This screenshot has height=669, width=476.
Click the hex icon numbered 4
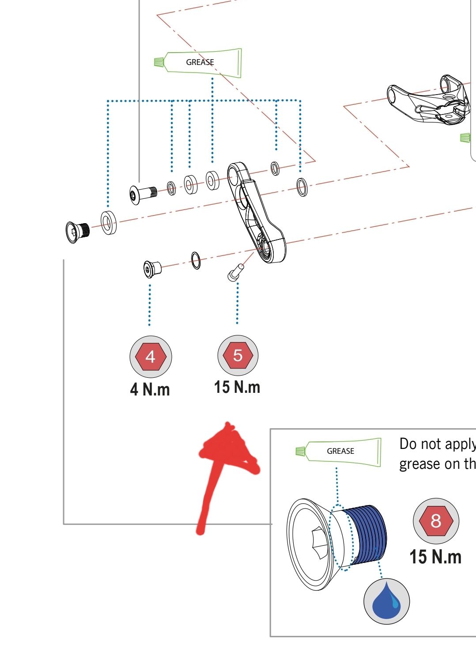(151, 356)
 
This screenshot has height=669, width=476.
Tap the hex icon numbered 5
(238, 355)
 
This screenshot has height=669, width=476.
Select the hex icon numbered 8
(436, 521)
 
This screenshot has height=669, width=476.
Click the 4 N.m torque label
(150, 389)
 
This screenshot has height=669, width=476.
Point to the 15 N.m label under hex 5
(237, 387)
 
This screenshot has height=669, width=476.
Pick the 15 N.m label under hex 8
(435, 557)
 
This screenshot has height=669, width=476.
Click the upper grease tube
(203, 62)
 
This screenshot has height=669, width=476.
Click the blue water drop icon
(386, 601)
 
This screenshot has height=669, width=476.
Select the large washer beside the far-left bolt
(109, 223)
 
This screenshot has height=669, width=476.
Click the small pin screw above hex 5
(234, 272)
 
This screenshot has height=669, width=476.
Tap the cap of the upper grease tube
(159, 62)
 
